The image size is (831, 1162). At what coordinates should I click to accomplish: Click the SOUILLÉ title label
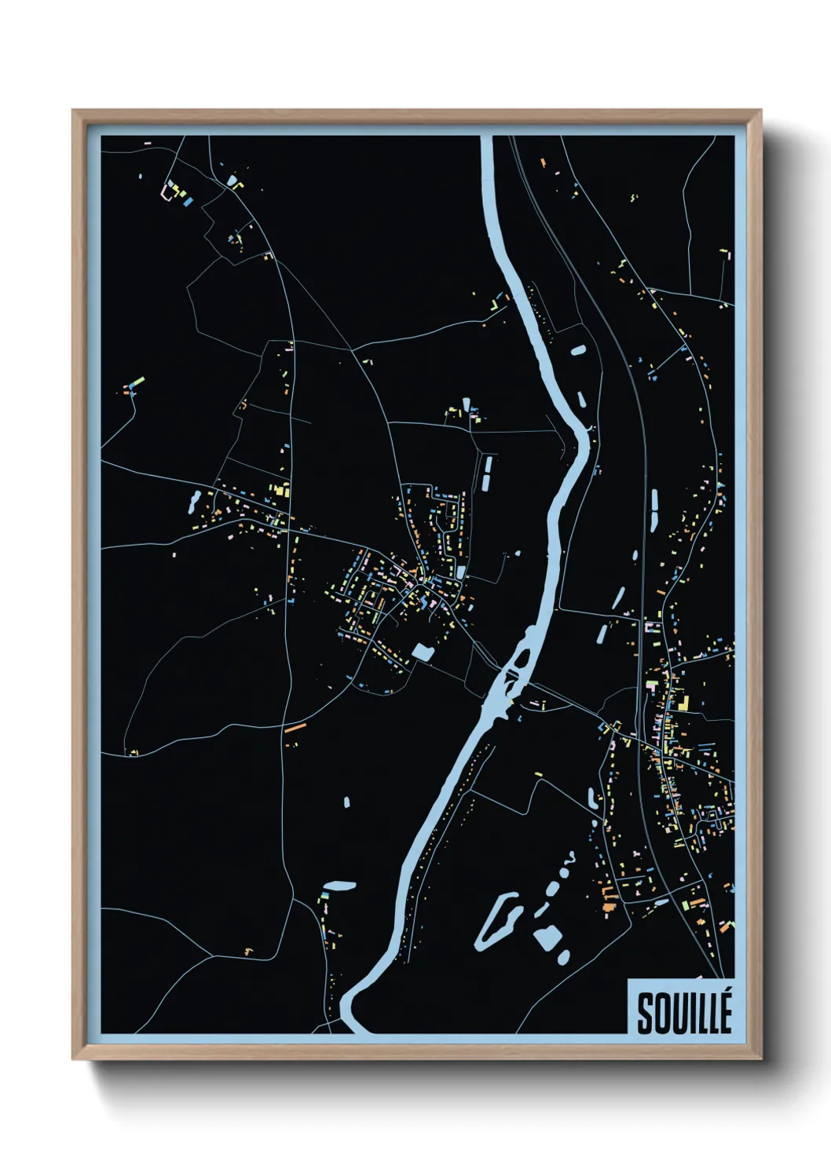coord(683,1013)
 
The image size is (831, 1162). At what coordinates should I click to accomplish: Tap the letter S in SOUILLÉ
coord(646,1014)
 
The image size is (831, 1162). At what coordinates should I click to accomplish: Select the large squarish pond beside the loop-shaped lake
coord(547,937)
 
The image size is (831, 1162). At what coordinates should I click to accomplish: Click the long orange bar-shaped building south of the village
coord(294,728)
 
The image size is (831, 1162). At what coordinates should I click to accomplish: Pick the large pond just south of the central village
coord(423,652)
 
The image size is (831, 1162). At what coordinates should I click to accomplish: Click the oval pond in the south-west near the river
coord(340,886)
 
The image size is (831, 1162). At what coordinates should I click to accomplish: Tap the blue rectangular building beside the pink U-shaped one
coord(188,202)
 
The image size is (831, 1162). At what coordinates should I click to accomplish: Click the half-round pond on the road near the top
coord(232,181)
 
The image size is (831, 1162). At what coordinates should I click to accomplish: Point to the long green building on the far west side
coord(138,382)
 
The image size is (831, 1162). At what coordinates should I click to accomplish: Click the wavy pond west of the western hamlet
coord(194,500)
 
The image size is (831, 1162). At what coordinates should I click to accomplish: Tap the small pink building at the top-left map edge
coord(147,144)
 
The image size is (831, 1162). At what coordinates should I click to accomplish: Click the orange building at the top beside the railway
coord(542,163)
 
